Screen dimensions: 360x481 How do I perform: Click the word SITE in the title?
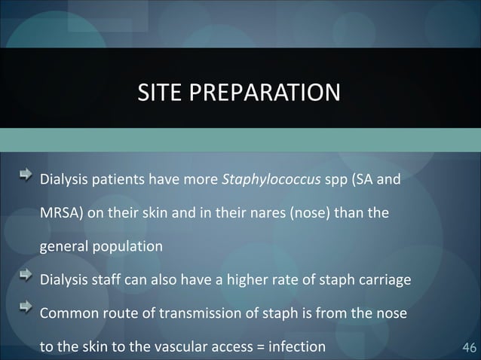155,93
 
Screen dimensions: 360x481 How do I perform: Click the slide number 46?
467,347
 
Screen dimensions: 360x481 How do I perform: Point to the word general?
63,246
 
